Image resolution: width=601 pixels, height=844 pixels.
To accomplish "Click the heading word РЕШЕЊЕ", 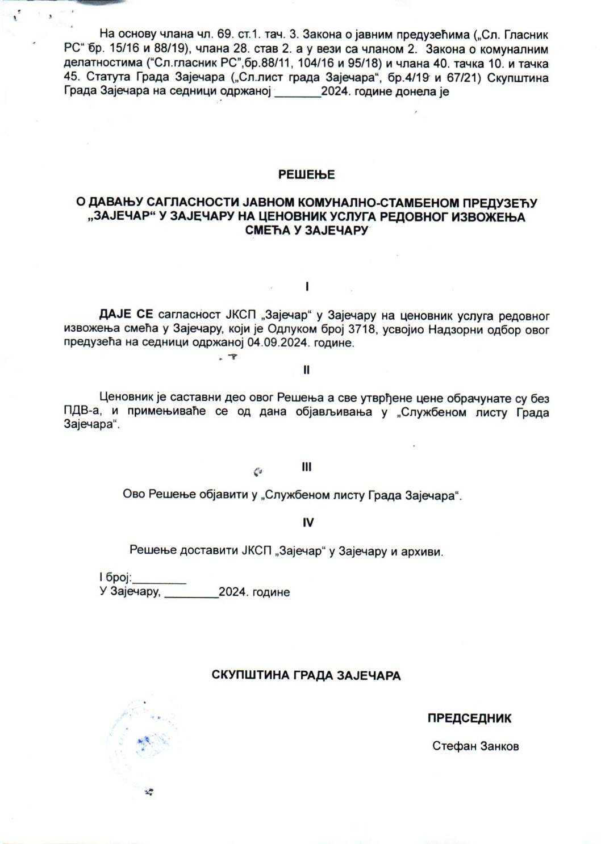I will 306,175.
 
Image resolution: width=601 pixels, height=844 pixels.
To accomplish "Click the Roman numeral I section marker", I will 307,287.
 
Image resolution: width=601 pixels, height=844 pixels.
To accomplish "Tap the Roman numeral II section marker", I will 307,370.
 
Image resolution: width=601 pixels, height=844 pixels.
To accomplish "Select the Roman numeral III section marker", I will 307,467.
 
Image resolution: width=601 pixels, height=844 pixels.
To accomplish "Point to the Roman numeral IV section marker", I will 307,523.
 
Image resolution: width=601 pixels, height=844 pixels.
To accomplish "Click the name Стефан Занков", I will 475,746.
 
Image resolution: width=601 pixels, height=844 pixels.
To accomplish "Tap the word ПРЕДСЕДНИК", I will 469,718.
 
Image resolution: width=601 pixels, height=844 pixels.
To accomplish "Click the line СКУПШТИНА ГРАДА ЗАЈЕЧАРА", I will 306,675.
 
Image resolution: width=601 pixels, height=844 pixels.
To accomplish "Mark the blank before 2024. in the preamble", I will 298,94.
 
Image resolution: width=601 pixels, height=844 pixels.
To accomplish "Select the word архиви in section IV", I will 423,551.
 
